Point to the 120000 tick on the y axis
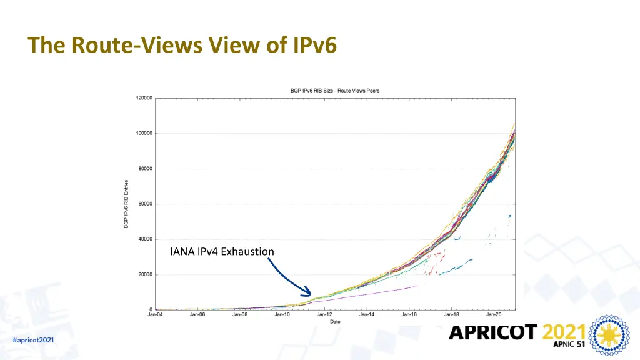[144, 98]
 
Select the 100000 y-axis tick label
[144, 133]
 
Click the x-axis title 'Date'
[335, 322]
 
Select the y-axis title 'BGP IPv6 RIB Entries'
[126, 204]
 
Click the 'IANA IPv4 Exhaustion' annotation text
[222, 252]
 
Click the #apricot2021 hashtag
[33, 340]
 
